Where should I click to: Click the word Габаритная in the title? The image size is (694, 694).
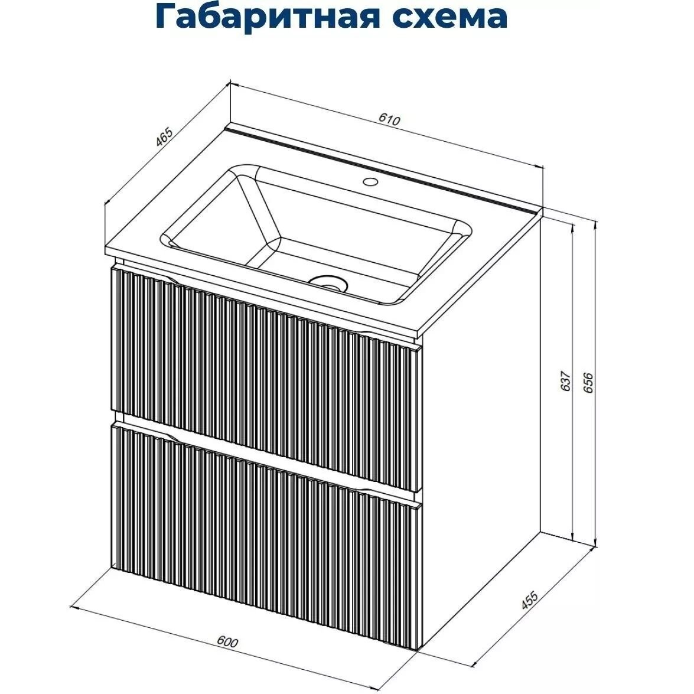click(x=266, y=17)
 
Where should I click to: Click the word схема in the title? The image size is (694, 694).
click(x=449, y=17)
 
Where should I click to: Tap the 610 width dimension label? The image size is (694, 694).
click(x=389, y=120)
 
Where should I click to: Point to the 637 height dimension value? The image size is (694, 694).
click(x=565, y=380)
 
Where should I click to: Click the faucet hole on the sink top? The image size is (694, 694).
click(x=370, y=181)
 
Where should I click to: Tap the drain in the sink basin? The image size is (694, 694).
click(x=327, y=282)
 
